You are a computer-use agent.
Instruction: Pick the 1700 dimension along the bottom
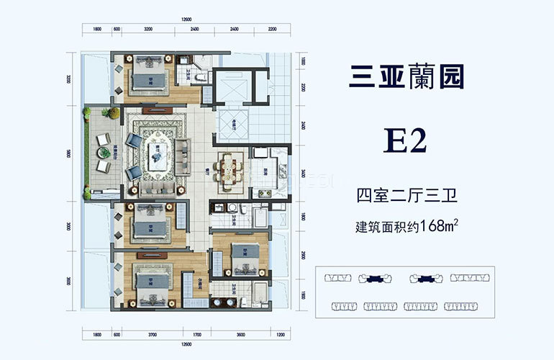pyautogui.click(x=196, y=334)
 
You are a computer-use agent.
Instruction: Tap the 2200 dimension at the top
pyautogui.click(x=271, y=30)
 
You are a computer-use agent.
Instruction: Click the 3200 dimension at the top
pyautogui.click(x=148, y=30)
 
